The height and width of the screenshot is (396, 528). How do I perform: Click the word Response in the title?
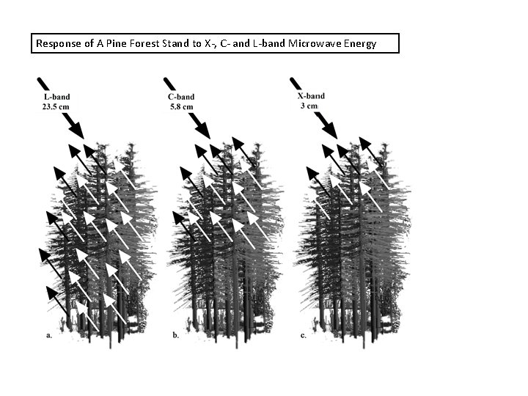[57, 44]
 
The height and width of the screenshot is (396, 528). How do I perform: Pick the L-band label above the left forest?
[56, 96]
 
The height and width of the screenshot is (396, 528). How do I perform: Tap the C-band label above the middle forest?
[181, 96]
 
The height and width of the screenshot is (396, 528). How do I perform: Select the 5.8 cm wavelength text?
[181, 106]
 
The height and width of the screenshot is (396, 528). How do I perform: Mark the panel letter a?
[48, 335]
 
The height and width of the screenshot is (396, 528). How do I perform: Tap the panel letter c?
[302, 335]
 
